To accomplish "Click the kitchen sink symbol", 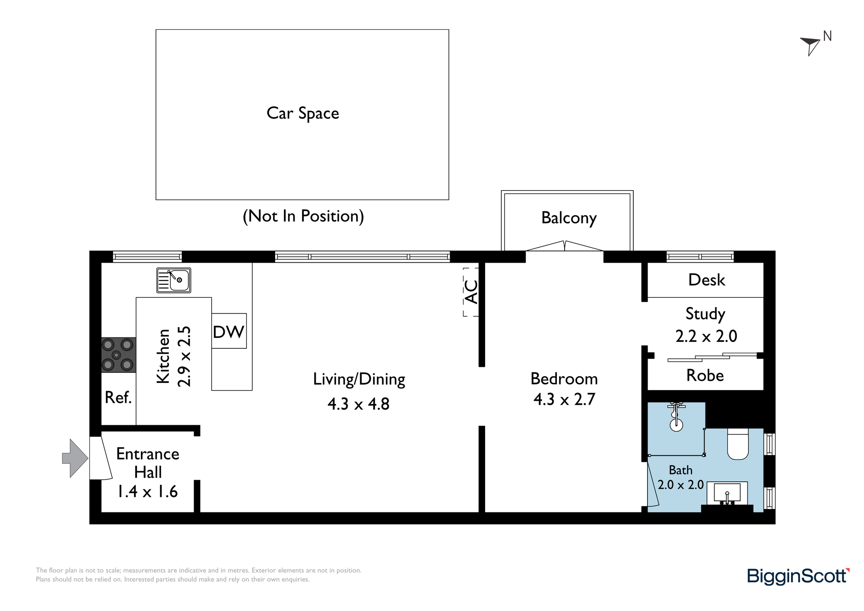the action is click(174, 280).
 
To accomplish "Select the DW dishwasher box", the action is click(229, 331).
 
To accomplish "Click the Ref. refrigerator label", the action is click(118, 398).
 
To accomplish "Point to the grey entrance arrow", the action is click(76, 458).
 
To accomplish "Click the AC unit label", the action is click(471, 292).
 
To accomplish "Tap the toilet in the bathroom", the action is click(738, 444).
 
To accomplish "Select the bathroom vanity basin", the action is click(727, 493).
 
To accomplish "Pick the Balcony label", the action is click(569, 218).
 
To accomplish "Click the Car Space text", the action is click(303, 114).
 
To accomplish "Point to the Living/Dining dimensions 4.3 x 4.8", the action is click(359, 404).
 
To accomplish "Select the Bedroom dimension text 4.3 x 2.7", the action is click(564, 399).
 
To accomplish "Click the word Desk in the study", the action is click(707, 280).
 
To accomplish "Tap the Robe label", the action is click(705, 376).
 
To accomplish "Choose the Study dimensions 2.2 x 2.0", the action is click(706, 336).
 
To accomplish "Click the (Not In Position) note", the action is click(303, 216).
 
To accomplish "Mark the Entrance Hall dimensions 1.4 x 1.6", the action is click(148, 491).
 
